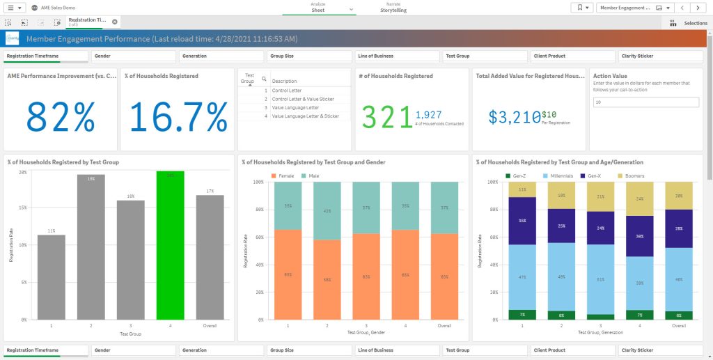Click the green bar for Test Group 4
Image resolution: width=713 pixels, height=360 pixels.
[170, 245]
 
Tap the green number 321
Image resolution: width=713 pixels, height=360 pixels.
[386, 116]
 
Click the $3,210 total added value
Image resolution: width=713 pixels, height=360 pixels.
[514, 117]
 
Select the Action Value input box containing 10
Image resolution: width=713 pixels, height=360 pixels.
[645, 102]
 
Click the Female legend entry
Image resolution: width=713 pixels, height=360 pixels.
[283, 175]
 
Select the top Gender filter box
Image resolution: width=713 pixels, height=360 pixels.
[133, 56]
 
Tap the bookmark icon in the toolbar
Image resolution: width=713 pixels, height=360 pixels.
[581, 8]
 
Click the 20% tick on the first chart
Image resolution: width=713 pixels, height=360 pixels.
[22, 171]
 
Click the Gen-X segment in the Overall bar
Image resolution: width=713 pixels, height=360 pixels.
[679, 228]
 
